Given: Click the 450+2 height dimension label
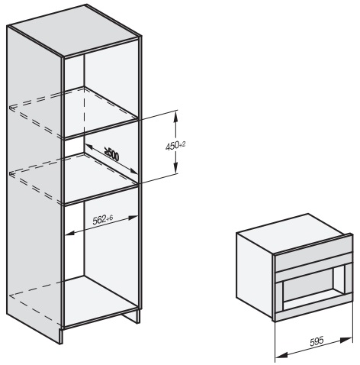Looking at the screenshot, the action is [x=175, y=146].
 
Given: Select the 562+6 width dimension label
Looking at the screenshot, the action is [x=103, y=219].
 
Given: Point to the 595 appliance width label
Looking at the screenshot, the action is [x=317, y=341].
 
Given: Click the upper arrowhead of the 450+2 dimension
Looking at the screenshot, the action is [x=175, y=117].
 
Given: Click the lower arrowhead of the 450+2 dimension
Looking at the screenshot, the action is [x=175, y=168].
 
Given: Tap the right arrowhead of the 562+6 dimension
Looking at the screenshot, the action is [x=133, y=218].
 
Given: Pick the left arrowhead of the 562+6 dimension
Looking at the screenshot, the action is [x=71, y=233].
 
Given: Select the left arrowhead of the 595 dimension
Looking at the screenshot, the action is [x=281, y=354].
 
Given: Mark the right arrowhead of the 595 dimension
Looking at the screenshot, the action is [x=347, y=340].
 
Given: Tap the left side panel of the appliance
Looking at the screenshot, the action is [x=255, y=266].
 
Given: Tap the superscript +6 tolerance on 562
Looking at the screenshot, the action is [x=110, y=218].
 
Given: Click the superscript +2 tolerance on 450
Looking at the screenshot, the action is [x=182, y=144].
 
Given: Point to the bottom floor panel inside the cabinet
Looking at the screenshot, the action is [x=101, y=300].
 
